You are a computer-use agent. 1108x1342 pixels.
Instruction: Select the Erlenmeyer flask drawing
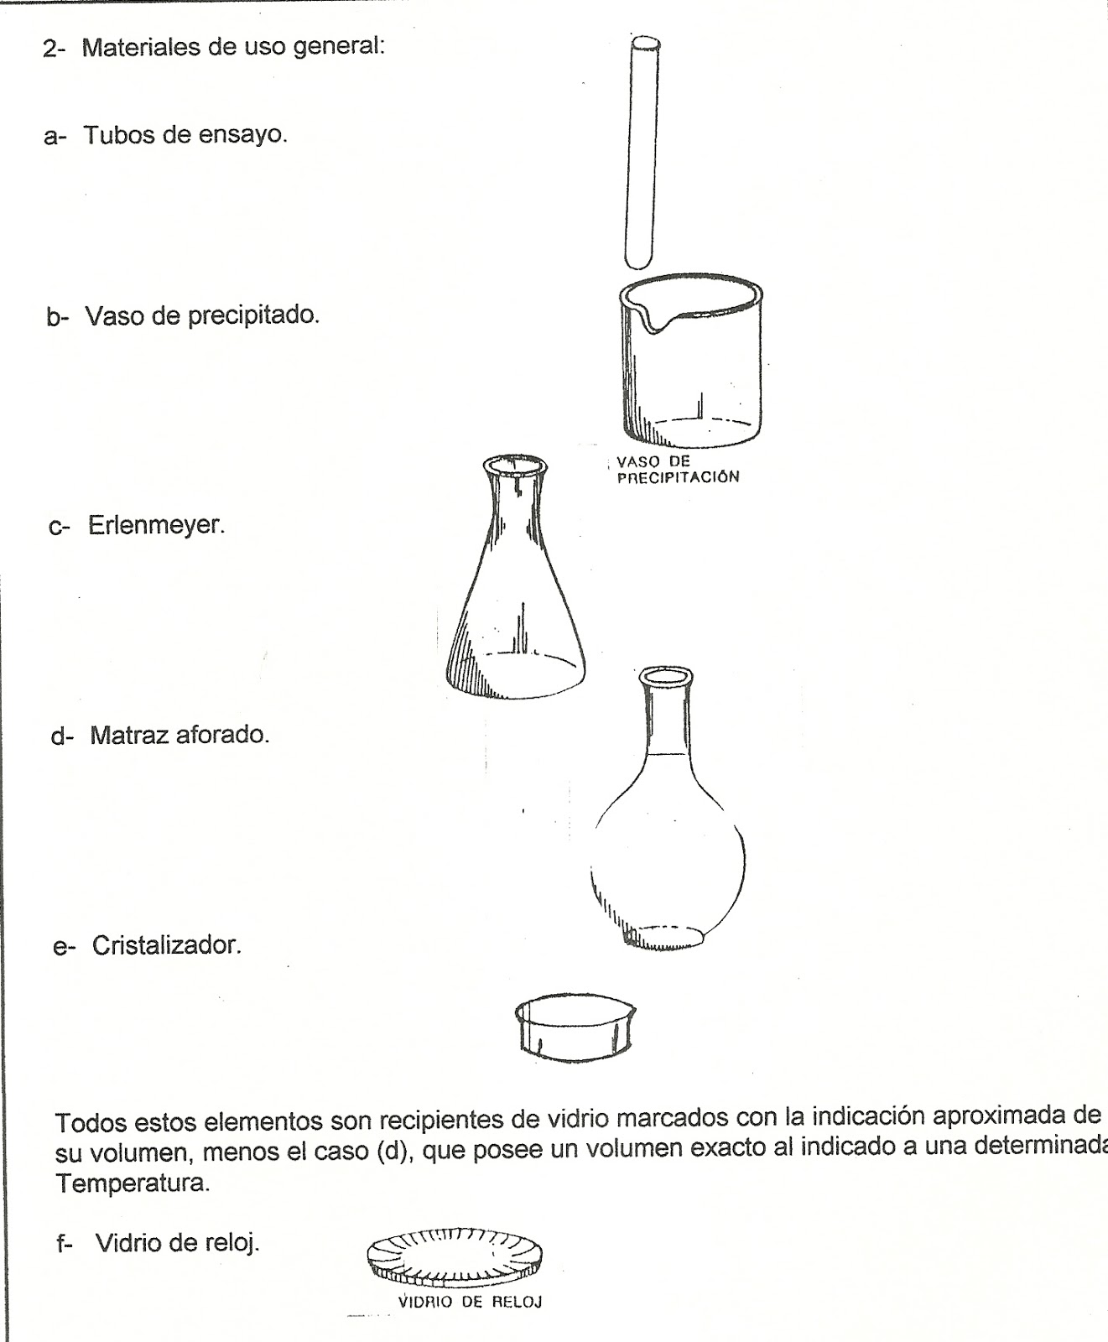tap(513, 587)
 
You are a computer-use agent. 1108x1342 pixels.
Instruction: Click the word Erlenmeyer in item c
tap(156, 526)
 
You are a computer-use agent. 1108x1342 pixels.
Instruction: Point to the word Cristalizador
tap(166, 945)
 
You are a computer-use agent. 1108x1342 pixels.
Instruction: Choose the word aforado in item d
tap(225, 736)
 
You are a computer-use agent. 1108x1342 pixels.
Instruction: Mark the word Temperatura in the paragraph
tap(131, 1185)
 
